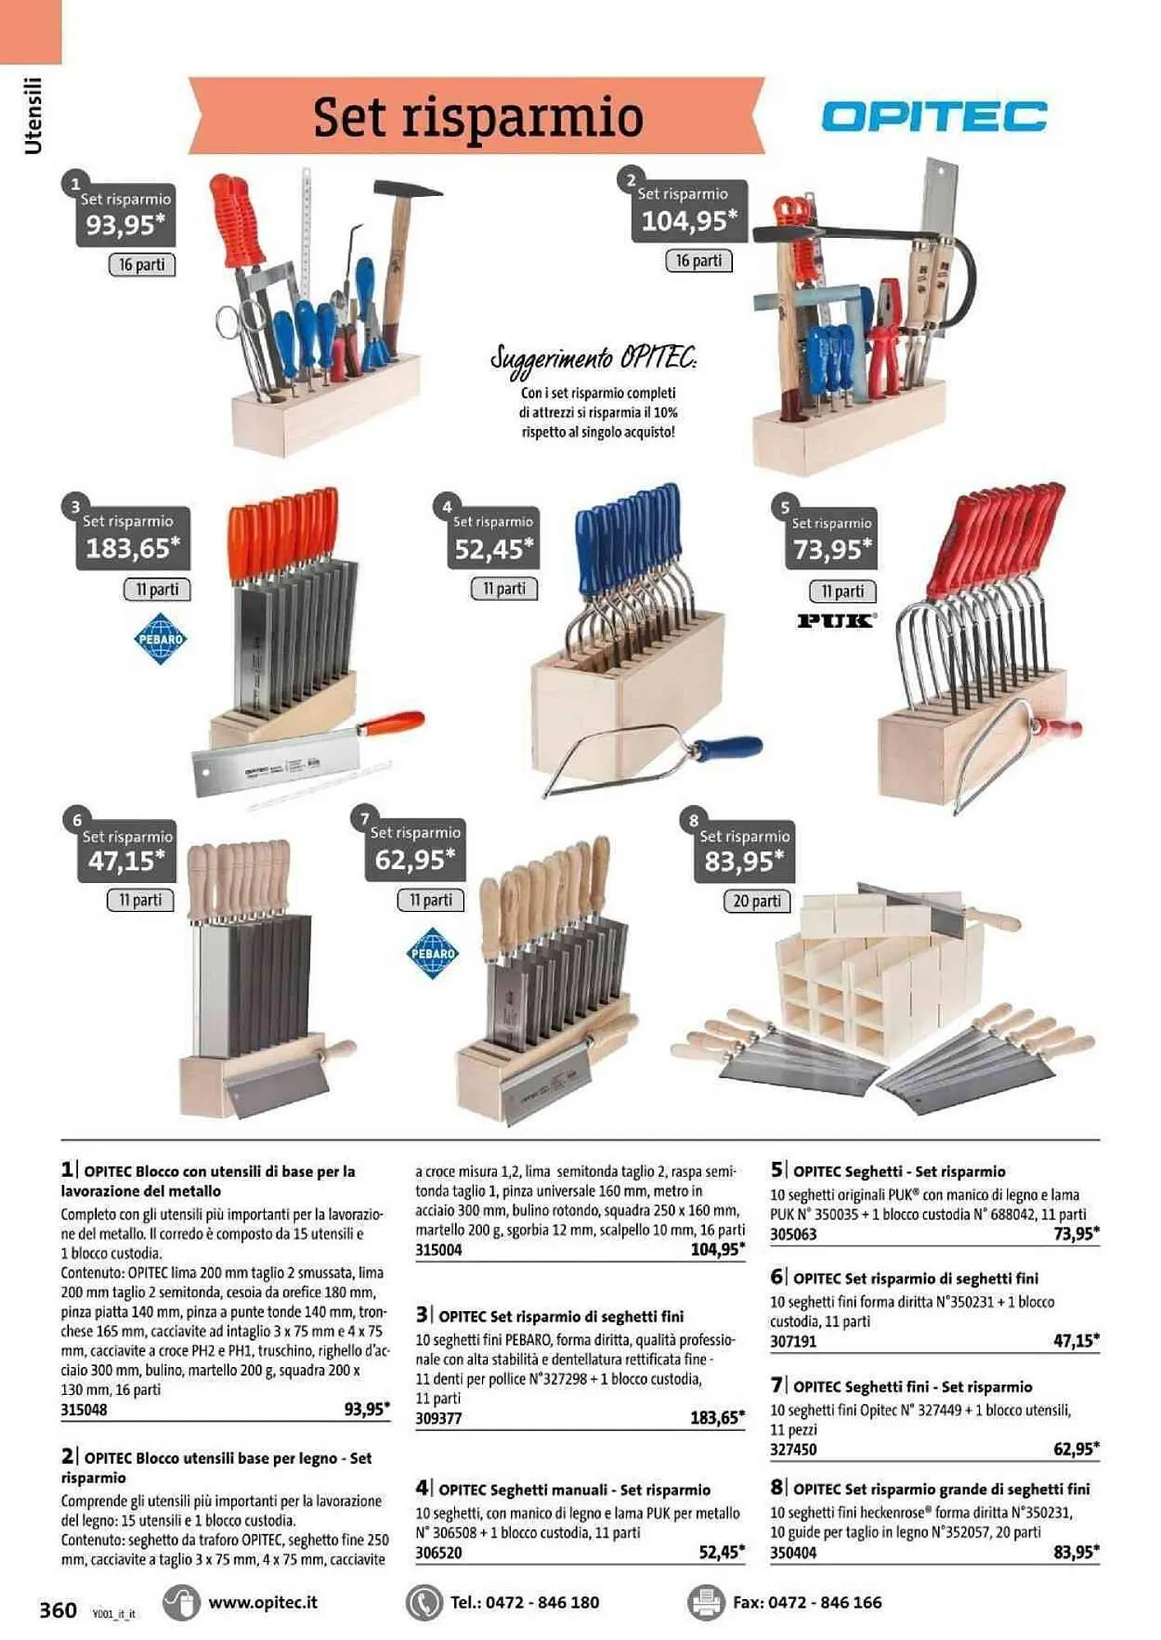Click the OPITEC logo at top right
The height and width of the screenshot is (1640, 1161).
click(x=934, y=116)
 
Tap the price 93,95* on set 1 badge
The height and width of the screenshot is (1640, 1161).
click(x=125, y=225)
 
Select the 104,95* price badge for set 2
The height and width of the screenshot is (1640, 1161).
click(x=689, y=221)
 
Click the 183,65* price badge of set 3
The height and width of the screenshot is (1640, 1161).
click(x=133, y=548)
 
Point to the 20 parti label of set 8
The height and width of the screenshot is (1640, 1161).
click(x=757, y=901)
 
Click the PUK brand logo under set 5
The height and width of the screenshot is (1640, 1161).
click(x=836, y=621)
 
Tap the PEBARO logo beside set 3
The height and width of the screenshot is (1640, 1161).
click(x=160, y=640)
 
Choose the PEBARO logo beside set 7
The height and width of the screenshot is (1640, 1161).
click(x=432, y=954)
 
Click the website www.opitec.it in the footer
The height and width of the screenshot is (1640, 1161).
click(x=262, y=1602)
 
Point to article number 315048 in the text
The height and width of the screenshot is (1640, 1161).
click(x=84, y=1410)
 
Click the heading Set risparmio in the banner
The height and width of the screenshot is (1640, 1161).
click(x=478, y=117)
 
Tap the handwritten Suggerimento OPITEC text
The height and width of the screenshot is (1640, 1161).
click(x=594, y=359)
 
